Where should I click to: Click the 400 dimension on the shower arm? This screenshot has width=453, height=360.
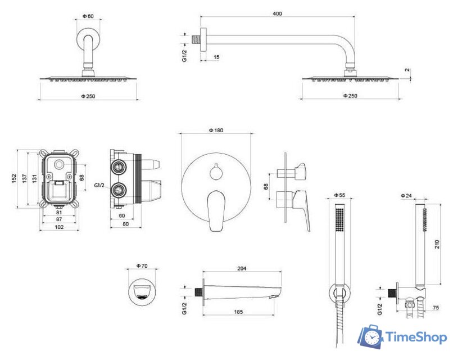[x=277, y=13]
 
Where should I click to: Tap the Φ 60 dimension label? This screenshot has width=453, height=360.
[x=88, y=16]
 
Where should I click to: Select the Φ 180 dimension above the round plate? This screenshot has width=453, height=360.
[x=216, y=130]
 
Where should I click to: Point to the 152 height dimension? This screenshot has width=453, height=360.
[x=14, y=178]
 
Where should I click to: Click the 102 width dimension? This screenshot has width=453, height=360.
[x=59, y=227]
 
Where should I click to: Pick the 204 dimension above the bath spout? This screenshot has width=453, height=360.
[x=242, y=268]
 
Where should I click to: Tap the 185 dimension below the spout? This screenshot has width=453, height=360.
[x=238, y=312]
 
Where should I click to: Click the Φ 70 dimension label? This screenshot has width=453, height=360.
[x=142, y=265]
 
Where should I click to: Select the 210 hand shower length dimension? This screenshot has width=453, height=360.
[x=437, y=244]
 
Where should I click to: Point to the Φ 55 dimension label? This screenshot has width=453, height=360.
[x=339, y=195]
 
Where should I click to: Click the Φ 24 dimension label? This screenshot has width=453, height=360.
[x=406, y=196]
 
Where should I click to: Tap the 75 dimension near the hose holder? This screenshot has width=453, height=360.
[x=436, y=308]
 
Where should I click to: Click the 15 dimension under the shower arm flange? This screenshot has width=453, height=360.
[x=216, y=57]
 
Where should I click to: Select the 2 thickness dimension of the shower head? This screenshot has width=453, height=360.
[x=407, y=70]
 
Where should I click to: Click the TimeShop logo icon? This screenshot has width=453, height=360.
[x=370, y=336]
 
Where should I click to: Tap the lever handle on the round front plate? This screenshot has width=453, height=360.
[x=216, y=210]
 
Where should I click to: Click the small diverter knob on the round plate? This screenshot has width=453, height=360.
[x=215, y=172]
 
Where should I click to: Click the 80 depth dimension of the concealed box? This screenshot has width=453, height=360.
[x=126, y=224]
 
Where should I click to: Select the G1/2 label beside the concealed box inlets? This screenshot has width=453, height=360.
[x=99, y=186]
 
